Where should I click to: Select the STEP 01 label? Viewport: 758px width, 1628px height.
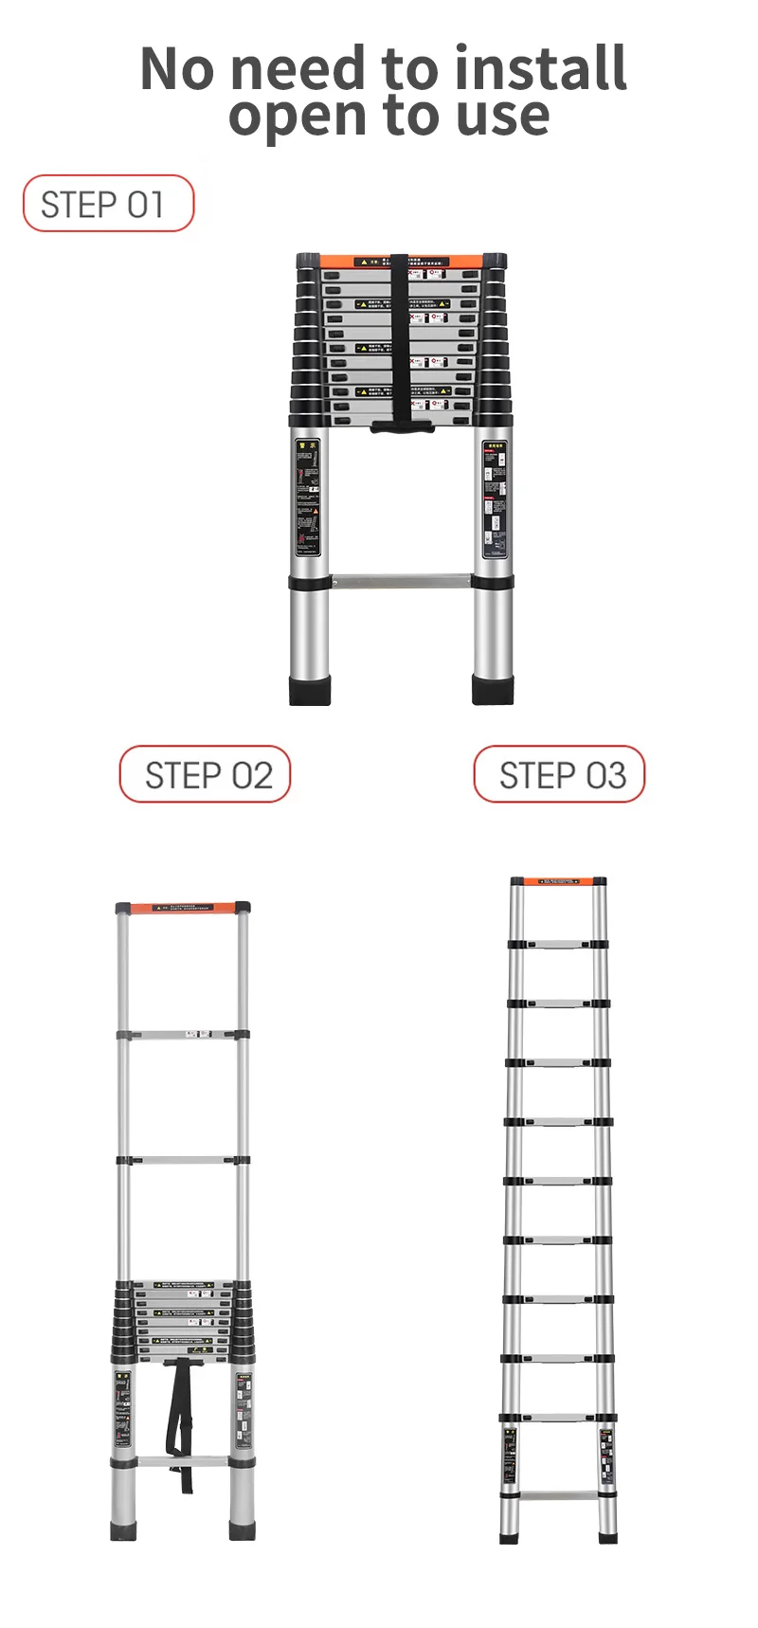(108, 204)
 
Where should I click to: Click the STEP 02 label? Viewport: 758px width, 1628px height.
(205, 775)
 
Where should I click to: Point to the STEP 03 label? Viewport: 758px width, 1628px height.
(559, 775)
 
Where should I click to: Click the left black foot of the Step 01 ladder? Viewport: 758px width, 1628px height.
(310, 690)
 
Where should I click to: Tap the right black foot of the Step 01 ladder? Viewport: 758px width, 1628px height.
(494, 690)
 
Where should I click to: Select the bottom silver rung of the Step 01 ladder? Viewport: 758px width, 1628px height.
(402, 580)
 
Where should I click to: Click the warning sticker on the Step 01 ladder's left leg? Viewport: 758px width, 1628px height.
(307, 497)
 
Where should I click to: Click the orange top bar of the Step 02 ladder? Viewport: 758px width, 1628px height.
(183, 908)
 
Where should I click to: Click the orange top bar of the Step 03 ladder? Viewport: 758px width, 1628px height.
(558, 881)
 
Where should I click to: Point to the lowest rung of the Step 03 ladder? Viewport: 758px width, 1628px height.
(558, 1496)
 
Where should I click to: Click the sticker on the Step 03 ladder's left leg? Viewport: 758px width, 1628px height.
(510, 1455)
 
